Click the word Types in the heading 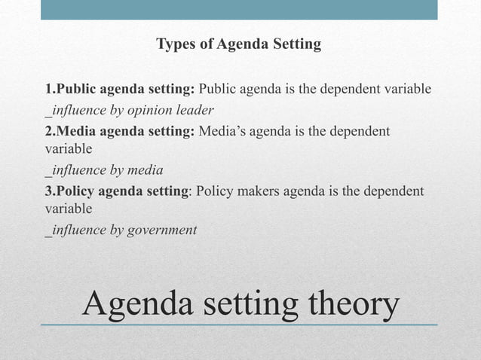pos(175,44)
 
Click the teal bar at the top pos(239,10)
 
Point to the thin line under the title pos(239,325)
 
